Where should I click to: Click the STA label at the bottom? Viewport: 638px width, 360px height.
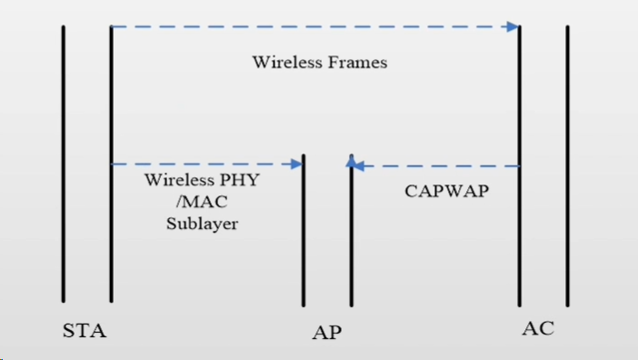(x=85, y=331)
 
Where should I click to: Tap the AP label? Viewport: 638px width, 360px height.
(x=326, y=332)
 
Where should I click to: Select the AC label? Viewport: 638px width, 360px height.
(x=538, y=328)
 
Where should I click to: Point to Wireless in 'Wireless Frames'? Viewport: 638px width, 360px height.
(x=284, y=63)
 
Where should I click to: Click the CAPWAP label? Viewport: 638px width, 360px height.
(x=446, y=192)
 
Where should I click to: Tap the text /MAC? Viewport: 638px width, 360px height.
(x=202, y=201)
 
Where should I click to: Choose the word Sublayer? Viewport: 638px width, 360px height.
(x=202, y=223)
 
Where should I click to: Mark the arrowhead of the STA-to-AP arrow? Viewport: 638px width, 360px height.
(x=296, y=165)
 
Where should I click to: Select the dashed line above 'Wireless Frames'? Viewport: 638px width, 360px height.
(x=309, y=27)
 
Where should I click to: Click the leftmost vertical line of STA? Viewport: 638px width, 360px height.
(x=64, y=164)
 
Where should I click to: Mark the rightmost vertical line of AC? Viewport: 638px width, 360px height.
(x=568, y=164)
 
